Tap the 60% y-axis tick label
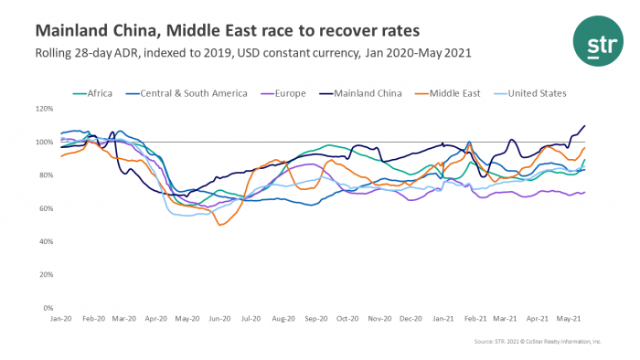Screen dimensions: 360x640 coord(45,209)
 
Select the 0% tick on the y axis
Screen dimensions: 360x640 coord(48,310)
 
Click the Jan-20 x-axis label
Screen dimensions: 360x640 coord(61,319)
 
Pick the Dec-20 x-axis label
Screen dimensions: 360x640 coord(409,319)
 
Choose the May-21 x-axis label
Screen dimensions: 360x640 coord(569,319)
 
